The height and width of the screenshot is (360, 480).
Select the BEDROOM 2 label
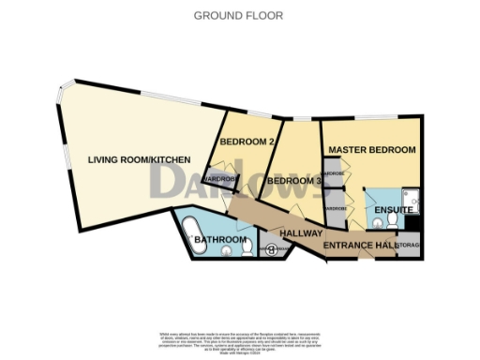point(246,142)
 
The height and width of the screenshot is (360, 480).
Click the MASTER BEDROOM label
point(371,150)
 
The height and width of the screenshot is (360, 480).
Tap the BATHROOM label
point(219,241)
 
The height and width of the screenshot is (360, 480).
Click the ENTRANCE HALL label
point(359,246)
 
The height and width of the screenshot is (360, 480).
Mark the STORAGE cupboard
point(410,246)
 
